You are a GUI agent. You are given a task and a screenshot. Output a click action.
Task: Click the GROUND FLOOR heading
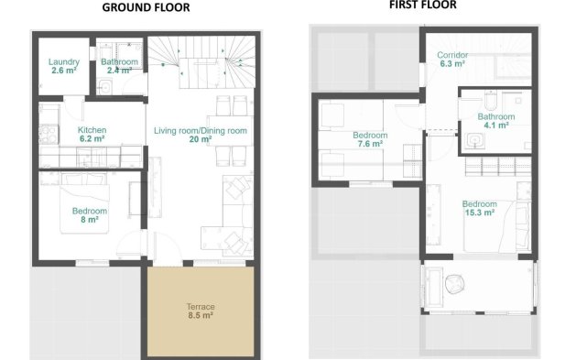(146, 7)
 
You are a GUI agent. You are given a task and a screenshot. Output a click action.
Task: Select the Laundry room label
(63, 62)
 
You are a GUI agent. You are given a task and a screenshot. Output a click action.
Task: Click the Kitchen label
(92, 131)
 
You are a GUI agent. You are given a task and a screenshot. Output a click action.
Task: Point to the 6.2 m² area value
(92, 139)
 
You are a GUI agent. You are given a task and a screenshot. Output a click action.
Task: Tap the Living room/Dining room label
(201, 131)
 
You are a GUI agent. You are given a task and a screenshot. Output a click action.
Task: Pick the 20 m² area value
(201, 140)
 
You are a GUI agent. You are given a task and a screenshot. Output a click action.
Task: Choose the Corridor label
(453, 55)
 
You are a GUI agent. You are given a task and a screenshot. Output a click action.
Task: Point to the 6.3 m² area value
(453, 64)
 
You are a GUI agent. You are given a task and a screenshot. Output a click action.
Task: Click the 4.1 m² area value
(495, 125)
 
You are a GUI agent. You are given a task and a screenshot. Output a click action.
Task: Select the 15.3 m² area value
(479, 212)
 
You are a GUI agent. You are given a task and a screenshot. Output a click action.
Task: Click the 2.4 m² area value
(120, 71)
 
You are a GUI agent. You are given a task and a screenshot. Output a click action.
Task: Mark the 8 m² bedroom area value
(90, 220)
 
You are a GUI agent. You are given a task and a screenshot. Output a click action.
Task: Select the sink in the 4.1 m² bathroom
(474, 140)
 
